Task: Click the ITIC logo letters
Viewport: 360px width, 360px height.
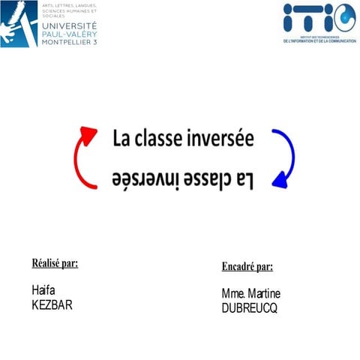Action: pos(319,17)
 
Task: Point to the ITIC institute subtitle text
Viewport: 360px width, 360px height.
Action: pos(319,40)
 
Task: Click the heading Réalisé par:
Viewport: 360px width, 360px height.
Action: pos(55,263)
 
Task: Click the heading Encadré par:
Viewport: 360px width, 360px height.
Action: pos(247,266)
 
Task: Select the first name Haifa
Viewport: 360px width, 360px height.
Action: pos(44,289)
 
